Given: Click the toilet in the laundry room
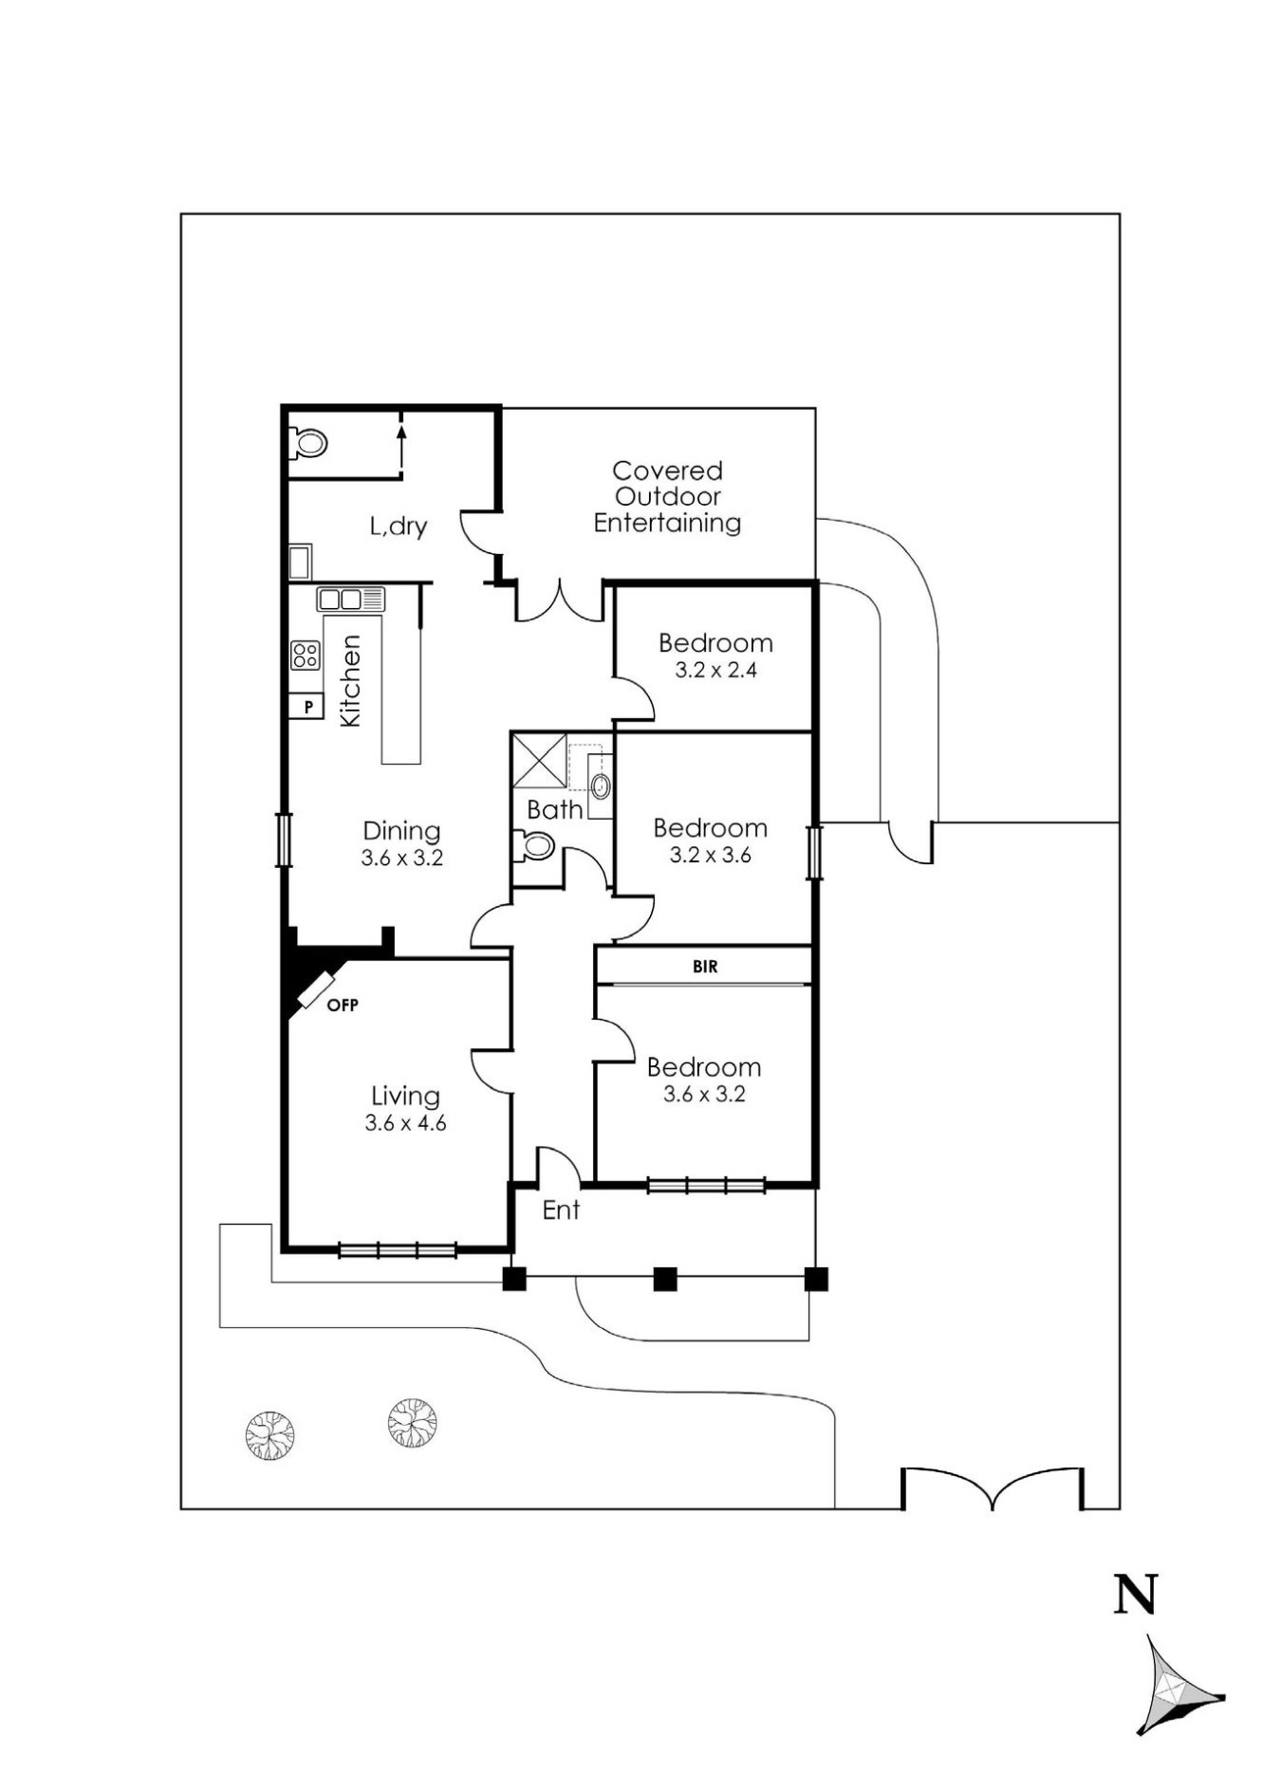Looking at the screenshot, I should point(309,442).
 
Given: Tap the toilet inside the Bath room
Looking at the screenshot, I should point(536,845).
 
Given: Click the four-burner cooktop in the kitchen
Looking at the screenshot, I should point(306,655).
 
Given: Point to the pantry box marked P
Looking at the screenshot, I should point(306,707).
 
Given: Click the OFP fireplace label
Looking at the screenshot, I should point(343,1005).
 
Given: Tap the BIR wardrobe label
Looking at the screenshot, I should point(705,967).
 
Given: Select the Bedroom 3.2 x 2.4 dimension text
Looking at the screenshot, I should point(715,670).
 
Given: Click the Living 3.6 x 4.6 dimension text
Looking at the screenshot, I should point(405,1123).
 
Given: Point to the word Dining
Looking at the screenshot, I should point(401,831).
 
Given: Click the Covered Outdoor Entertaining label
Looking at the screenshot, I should point(667,496).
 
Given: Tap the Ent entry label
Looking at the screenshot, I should point(561,1210).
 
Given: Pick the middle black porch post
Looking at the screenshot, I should point(665,1279).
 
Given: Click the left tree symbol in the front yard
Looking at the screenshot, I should point(269,1435).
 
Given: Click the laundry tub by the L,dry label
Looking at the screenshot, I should point(300,562).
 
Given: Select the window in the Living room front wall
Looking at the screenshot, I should point(398,1250).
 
